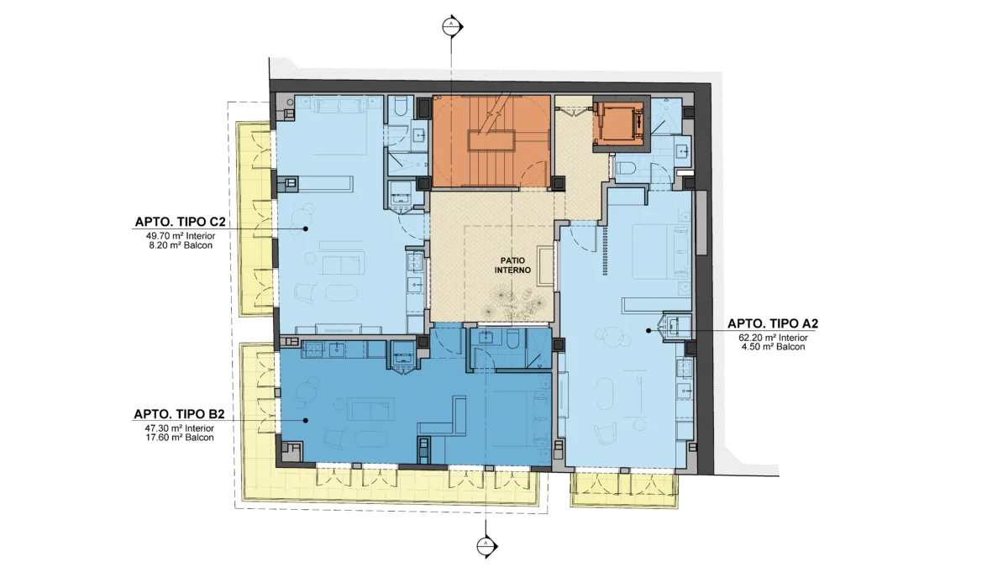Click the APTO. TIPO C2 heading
(x=180, y=222)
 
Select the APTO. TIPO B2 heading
(x=179, y=414)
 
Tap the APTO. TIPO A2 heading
(x=773, y=323)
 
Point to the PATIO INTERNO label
(x=512, y=265)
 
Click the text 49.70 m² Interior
(x=181, y=236)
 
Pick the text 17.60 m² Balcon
(x=179, y=438)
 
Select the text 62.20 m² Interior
(x=773, y=338)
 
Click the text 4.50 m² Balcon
(x=773, y=347)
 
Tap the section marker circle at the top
(x=450, y=27)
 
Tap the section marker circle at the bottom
(x=486, y=546)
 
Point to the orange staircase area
(x=491, y=141)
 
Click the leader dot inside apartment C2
(x=306, y=228)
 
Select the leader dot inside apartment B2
(x=306, y=421)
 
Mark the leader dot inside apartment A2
(x=648, y=331)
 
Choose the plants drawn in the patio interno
(x=513, y=304)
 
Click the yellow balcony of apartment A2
(x=624, y=490)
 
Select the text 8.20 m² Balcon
(x=181, y=245)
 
